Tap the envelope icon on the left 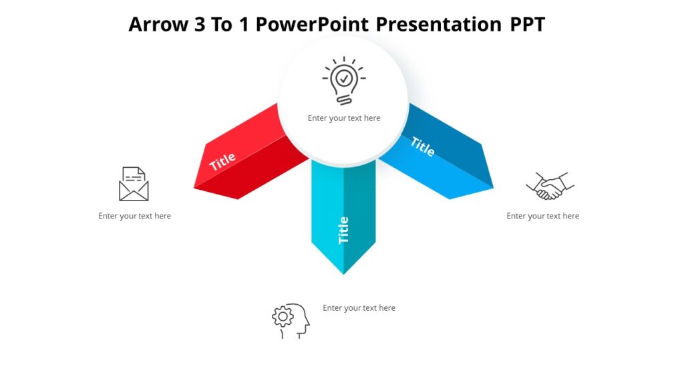(134, 184)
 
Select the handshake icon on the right (550, 186)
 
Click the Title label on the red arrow (222, 161)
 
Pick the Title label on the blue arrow (422, 146)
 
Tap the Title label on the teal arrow (343, 230)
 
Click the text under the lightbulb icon (344, 118)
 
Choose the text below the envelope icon (134, 216)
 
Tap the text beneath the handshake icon (542, 216)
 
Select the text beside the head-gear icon (359, 308)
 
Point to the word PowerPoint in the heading (313, 25)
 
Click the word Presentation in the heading (438, 25)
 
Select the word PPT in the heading (528, 25)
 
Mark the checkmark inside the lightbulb (344, 78)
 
